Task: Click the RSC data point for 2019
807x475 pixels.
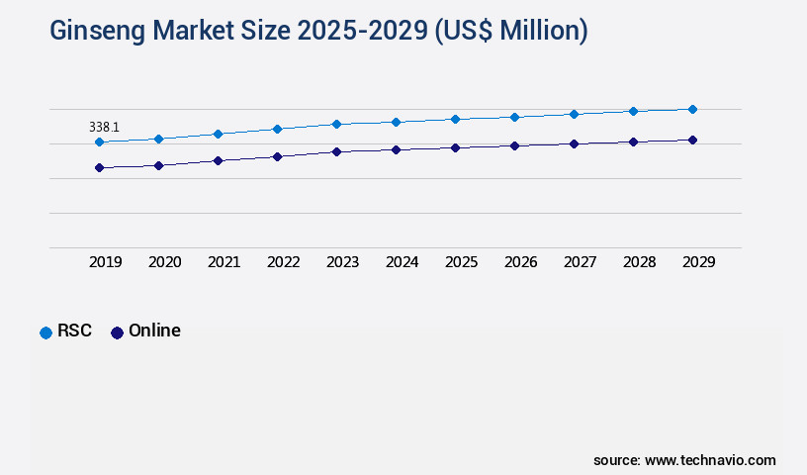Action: pyautogui.click(x=99, y=142)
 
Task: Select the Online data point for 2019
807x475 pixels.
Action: pyautogui.click(x=99, y=168)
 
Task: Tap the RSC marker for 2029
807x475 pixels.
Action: pyautogui.click(x=692, y=109)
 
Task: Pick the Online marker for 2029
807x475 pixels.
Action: pyautogui.click(x=692, y=141)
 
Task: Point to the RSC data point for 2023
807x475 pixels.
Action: pyautogui.click(x=336, y=124)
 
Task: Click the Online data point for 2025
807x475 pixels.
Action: pyautogui.click(x=455, y=147)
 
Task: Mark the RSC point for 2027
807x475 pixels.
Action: pyautogui.click(x=574, y=114)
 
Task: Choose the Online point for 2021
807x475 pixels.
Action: pyautogui.click(x=218, y=160)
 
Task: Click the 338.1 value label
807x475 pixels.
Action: pyautogui.click(x=104, y=128)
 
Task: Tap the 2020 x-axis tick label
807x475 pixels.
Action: pyautogui.click(x=164, y=262)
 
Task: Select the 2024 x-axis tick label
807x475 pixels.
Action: pyautogui.click(x=402, y=262)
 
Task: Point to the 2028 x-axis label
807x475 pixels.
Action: pyautogui.click(x=639, y=262)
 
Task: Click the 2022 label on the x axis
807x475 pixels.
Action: pyautogui.click(x=283, y=262)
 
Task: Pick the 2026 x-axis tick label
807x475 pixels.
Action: pyautogui.click(x=520, y=262)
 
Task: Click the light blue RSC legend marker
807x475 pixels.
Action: pyautogui.click(x=45, y=332)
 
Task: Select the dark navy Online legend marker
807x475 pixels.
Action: pyautogui.click(x=117, y=332)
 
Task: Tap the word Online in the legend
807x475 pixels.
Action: pyautogui.click(x=154, y=332)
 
